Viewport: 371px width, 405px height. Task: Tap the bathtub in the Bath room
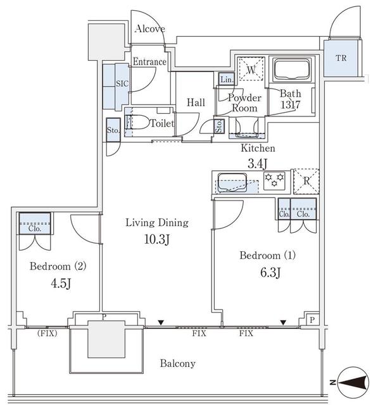(292, 70)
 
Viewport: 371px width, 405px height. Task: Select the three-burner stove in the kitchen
(274, 180)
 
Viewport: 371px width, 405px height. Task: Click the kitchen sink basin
(232, 183)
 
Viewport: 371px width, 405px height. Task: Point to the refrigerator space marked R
(306, 181)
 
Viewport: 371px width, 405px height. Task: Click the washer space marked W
(251, 69)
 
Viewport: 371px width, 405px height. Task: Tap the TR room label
(341, 58)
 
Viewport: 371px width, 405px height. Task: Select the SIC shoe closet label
(122, 84)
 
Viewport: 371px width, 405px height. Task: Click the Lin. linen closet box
(227, 78)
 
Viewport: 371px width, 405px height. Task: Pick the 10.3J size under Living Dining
(157, 239)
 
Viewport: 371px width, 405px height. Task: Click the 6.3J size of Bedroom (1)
(270, 272)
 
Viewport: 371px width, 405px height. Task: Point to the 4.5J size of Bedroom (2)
(61, 283)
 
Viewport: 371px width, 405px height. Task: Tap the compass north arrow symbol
(353, 382)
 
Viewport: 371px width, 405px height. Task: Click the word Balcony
(178, 363)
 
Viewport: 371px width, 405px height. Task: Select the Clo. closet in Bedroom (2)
(35, 223)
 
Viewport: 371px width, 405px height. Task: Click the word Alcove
(150, 28)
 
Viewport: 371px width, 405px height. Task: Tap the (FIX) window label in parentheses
(47, 333)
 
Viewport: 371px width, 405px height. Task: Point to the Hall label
(196, 103)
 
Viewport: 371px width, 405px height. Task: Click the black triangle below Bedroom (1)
(284, 322)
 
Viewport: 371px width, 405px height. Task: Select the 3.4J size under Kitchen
(258, 163)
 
